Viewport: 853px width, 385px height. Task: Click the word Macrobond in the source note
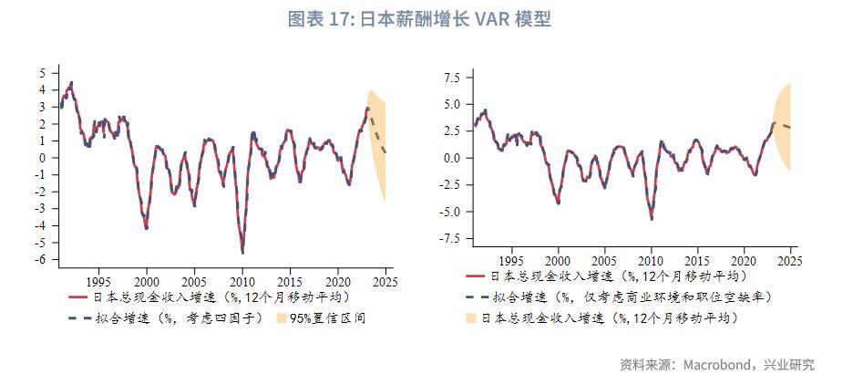tap(715, 365)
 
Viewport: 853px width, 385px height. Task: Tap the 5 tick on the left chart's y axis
tap(43, 72)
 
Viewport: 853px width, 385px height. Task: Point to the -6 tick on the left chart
tap(41, 260)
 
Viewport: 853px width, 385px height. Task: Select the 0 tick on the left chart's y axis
tap(43, 158)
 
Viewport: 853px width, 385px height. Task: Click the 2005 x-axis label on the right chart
tap(604, 259)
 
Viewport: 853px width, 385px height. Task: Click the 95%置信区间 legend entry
tap(328, 318)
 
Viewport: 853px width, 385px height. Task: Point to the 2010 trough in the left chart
tap(242, 253)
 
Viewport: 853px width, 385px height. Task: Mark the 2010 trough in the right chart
tap(651, 219)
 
